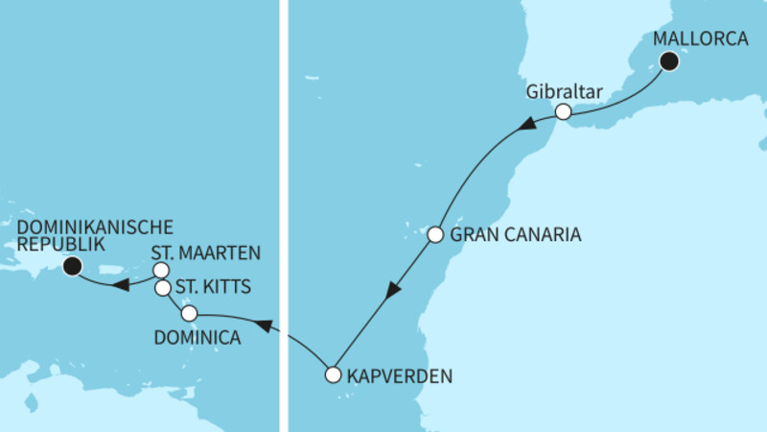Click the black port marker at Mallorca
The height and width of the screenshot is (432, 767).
pyautogui.click(x=668, y=62)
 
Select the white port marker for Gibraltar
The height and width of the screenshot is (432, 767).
pyautogui.click(x=564, y=112)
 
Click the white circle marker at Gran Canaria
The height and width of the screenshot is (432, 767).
pyautogui.click(x=435, y=234)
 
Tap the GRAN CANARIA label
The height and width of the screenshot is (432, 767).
pyautogui.click(x=516, y=234)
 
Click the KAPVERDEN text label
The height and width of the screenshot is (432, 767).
pyautogui.click(x=399, y=376)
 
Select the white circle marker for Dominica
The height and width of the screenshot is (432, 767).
pyautogui.click(x=189, y=313)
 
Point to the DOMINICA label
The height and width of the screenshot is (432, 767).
pyautogui.click(x=198, y=337)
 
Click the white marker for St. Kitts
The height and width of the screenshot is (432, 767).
pyautogui.click(x=162, y=288)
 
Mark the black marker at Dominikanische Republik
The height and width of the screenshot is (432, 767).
pyautogui.click(x=71, y=267)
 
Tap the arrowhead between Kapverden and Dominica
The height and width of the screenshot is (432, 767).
pyautogui.click(x=269, y=328)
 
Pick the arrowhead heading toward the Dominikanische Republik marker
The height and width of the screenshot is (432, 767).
pyautogui.click(x=121, y=285)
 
